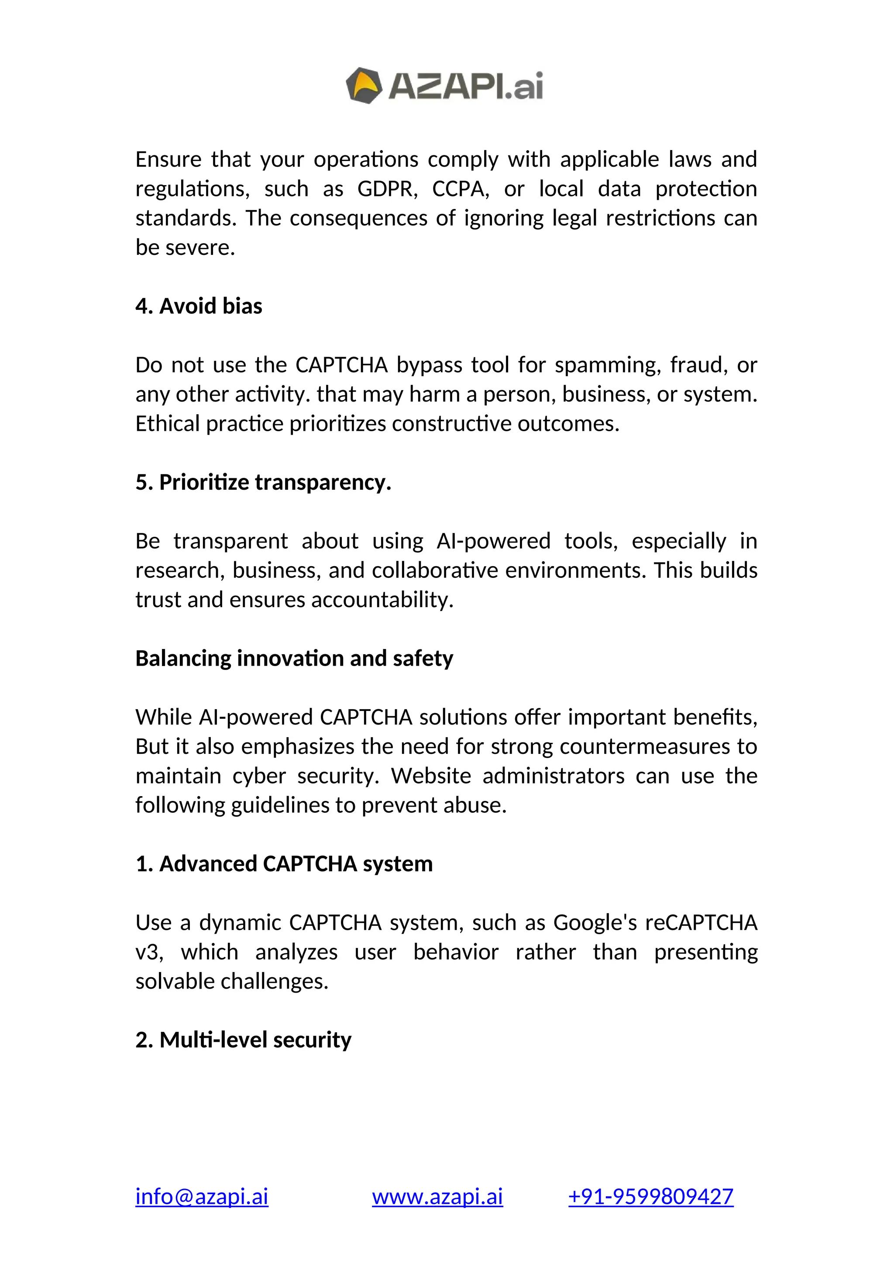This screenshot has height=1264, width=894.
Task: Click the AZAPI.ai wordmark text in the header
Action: click(466, 86)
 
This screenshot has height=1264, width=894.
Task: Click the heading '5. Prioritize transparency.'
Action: click(263, 482)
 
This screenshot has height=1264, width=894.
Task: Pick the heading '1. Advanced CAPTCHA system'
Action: click(284, 864)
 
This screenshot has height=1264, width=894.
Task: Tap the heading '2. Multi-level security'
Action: click(243, 1040)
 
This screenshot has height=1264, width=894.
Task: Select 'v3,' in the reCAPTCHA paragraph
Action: click(149, 952)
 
